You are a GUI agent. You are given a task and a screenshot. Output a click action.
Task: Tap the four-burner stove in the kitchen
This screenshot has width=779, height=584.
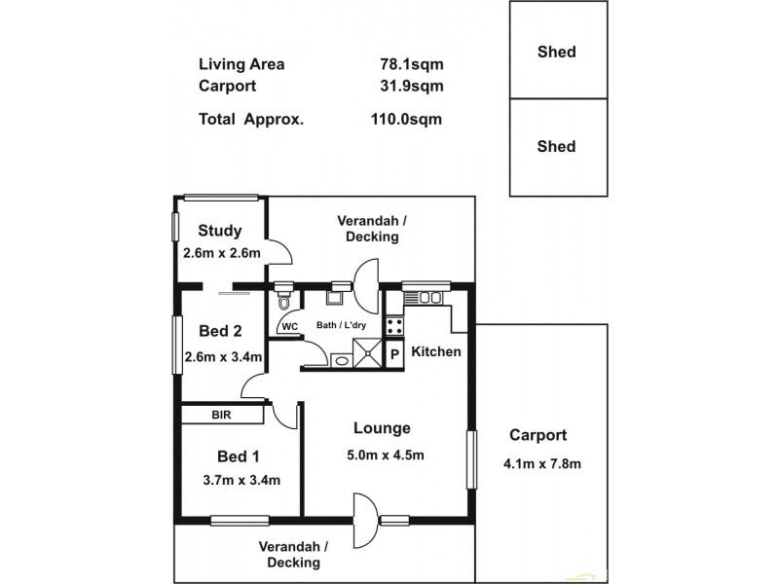pyautogui.click(x=395, y=325)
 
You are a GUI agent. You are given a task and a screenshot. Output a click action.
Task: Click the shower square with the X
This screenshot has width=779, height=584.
pyautogui.click(x=366, y=354)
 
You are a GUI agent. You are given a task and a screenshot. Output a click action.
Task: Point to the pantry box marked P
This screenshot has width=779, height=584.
pyautogui.click(x=395, y=354)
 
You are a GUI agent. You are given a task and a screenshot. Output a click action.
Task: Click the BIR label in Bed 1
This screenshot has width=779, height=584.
pyautogui.click(x=222, y=415)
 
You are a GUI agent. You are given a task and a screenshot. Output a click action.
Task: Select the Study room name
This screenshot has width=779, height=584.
pyautogui.click(x=219, y=231)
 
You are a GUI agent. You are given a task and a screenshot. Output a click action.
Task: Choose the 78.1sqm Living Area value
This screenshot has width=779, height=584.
pyautogui.click(x=411, y=65)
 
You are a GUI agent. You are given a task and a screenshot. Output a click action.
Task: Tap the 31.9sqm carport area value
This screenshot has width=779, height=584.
pyautogui.click(x=411, y=86)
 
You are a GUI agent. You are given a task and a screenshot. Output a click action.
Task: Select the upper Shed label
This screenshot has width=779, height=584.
pyautogui.click(x=556, y=53)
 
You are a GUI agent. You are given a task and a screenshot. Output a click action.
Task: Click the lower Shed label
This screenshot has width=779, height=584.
pyautogui.click(x=556, y=147)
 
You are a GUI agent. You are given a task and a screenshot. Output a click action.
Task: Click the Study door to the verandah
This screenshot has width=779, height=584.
pyautogui.click(x=279, y=252)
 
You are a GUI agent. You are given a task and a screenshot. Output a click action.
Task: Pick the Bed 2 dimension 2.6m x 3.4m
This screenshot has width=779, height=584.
pyautogui.click(x=223, y=356)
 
